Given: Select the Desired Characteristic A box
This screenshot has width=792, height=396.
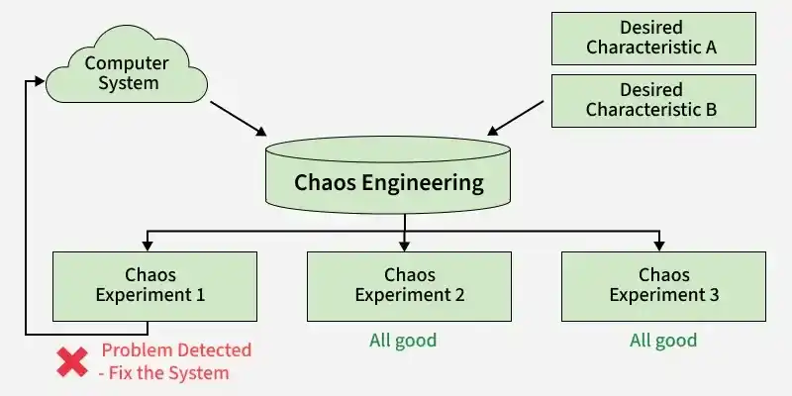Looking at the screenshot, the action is [x=653, y=39].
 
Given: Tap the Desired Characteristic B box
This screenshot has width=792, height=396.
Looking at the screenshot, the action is [x=653, y=101].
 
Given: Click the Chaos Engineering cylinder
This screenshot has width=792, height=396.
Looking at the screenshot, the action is [x=388, y=175].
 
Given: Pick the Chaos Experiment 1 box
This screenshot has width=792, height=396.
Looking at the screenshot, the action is [x=154, y=286].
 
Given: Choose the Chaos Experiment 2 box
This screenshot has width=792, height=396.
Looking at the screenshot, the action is [x=409, y=286].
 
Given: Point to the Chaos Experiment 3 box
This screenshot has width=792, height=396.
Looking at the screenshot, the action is [x=663, y=286].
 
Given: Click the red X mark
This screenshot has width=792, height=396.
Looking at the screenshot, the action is [x=71, y=361].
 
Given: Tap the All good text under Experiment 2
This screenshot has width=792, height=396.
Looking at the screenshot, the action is [x=403, y=341].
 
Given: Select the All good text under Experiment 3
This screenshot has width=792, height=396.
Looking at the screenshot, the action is [x=663, y=341].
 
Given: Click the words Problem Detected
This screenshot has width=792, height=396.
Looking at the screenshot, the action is [x=176, y=350].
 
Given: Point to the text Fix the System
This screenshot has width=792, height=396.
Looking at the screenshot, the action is [x=169, y=373].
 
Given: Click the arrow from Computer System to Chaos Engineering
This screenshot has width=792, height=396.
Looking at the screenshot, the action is [x=238, y=119].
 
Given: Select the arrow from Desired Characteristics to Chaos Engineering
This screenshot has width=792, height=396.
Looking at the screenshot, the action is [x=515, y=118].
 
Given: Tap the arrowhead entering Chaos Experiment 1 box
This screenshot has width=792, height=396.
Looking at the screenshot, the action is [x=147, y=246].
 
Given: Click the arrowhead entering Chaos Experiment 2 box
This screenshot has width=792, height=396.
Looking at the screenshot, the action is [x=404, y=246].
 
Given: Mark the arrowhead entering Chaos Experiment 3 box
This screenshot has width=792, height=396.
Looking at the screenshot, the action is [x=658, y=246].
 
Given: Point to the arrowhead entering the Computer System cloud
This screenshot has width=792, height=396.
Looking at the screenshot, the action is [x=40, y=81].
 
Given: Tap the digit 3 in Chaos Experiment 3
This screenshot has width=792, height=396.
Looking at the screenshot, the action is [x=714, y=295].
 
